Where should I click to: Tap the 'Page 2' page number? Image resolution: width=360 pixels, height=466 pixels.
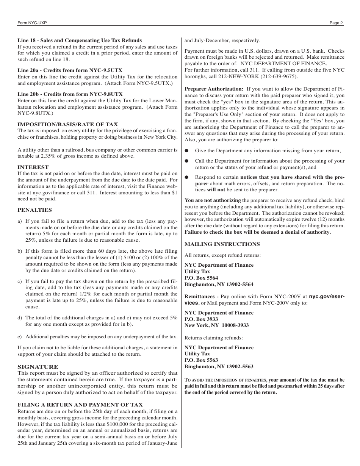tap(336, 23)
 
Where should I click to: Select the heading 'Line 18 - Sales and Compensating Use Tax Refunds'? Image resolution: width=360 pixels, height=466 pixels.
tap(80, 41)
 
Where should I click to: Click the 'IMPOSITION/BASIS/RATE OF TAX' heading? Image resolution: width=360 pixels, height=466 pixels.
tap(68, 124)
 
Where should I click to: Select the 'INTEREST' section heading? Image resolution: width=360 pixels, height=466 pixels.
tap(33, 167)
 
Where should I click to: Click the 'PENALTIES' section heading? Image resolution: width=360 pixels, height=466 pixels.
tap(34, 210)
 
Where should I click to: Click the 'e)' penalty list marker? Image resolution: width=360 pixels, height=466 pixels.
tap(20, 337)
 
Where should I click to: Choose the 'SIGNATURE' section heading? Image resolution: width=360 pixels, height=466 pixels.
tap(38, 367)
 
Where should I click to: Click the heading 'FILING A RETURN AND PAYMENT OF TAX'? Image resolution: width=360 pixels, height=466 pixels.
tap(80, 405)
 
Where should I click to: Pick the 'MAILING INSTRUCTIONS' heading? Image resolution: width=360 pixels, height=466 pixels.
tap(222, 244)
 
